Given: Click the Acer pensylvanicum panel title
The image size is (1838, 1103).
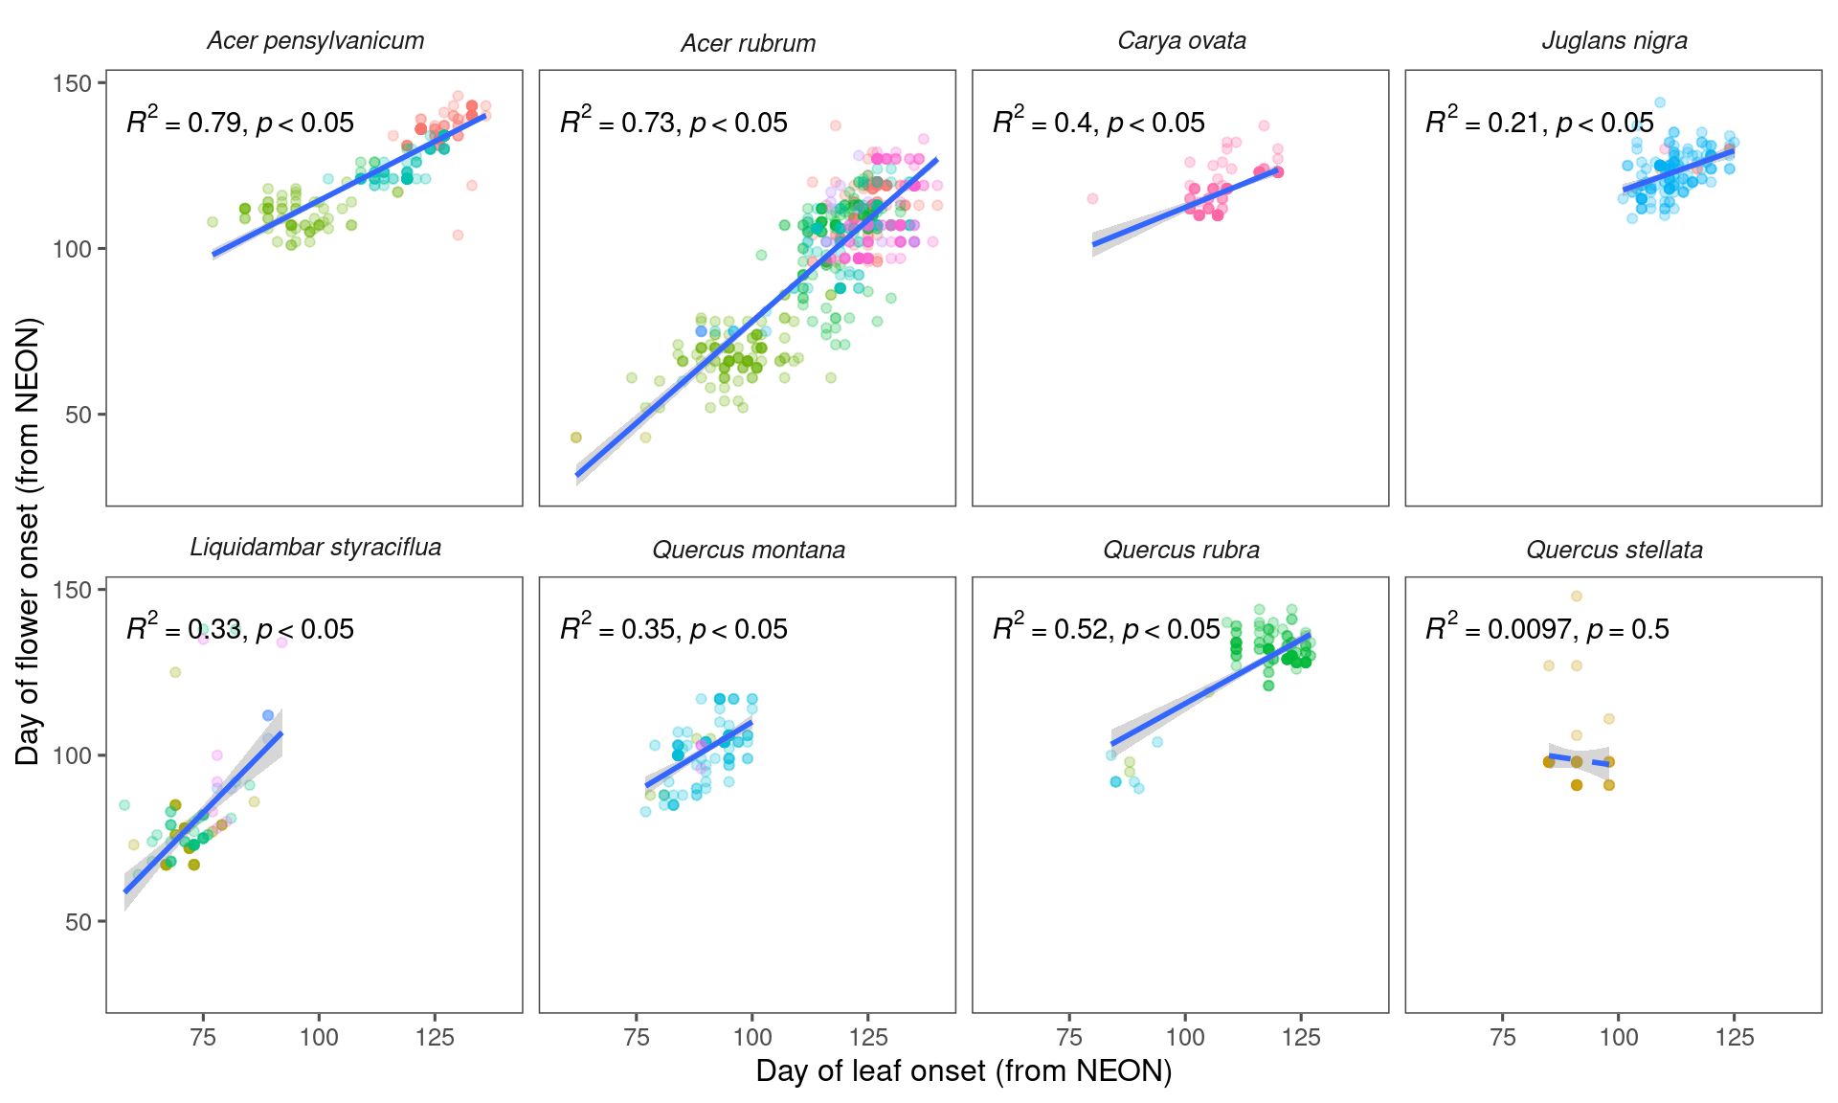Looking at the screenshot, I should [x=315, y=41].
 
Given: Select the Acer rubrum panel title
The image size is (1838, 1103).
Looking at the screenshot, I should [x=748, y=44].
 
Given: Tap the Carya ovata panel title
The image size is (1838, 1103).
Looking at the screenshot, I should [x=1181, y=41].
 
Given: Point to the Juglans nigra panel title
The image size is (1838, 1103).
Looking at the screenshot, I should [x=1614, y=41].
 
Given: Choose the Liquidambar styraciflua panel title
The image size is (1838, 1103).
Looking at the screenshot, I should [x=315, y=548].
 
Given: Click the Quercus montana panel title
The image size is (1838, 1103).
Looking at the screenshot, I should [x=748, y=551].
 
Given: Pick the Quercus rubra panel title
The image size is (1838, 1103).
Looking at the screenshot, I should [x=1181, y=551].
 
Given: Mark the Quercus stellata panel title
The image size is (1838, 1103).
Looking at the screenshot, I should [x=1614, y=551].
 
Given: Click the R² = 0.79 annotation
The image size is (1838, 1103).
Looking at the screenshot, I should [x=240, y=123].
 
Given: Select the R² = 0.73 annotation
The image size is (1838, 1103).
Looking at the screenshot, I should [x=673, y=123].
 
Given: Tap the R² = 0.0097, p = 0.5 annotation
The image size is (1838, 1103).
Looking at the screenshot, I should [x=1547, y=629].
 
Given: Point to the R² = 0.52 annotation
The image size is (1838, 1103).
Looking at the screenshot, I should [x=1106, y=629].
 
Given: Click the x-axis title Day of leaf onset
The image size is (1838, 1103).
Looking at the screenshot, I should [x=963, y=1071].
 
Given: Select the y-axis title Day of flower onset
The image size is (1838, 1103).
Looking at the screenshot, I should [x=28, y=541].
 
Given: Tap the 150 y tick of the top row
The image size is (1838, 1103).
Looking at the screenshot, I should [x=73, y=83].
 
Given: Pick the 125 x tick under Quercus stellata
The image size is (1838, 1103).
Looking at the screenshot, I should [x=1734, y=1037].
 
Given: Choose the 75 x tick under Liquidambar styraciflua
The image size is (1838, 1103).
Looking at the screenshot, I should [x=203, y=1037].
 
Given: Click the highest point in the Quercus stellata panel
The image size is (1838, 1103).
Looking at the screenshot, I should [x=1577, y=597].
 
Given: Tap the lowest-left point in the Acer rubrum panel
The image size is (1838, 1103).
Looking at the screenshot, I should [x=576, y=438].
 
